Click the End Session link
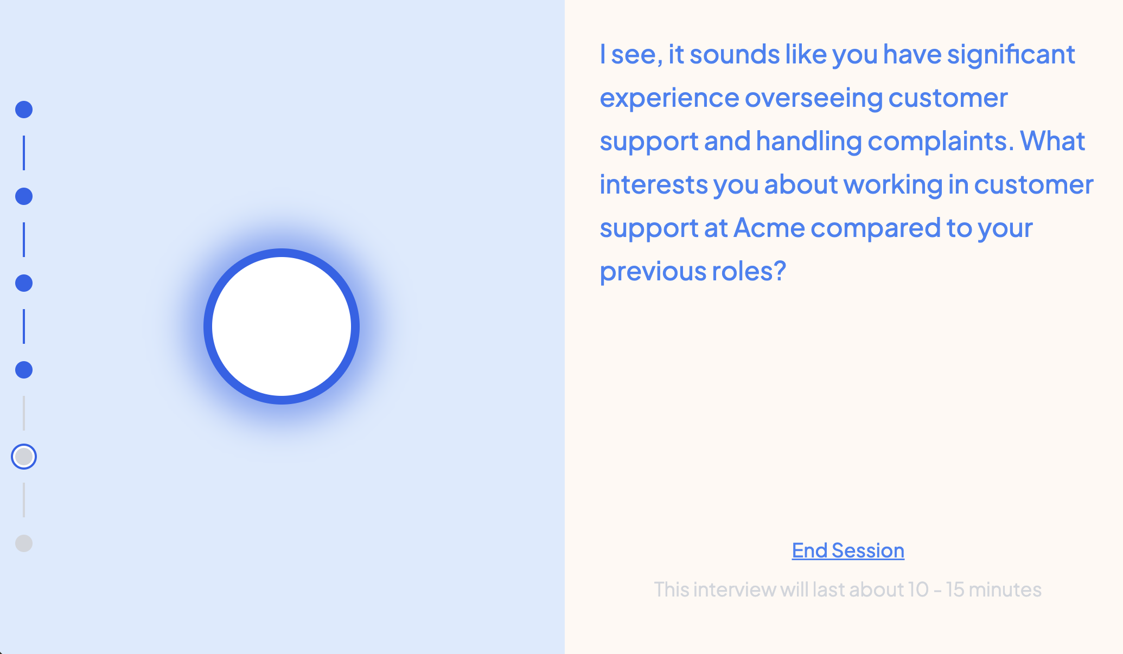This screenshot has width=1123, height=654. tap(848, 550)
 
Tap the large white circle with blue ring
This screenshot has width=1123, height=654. tap(282, 326)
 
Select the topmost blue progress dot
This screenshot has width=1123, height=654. tap(24, 110)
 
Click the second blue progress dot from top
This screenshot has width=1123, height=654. tap(24, 196)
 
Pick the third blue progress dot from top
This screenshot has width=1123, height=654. tap(24, 283)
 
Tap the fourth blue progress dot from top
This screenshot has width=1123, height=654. tap(24, 370)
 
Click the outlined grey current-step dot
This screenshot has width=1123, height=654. tap(24, 457)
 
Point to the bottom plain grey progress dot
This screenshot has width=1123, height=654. tap(24, 543)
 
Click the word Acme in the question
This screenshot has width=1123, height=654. tap(769, 228)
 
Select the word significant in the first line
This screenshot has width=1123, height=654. tap(1011, 55)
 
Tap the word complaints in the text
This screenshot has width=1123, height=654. tap(941, 142)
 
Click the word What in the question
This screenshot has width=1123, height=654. tap(1052, 141)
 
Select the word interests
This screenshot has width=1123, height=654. tap(654, 184)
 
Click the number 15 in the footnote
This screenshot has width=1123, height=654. tap(955, 589)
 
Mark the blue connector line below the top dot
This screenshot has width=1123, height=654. tap(24, 153)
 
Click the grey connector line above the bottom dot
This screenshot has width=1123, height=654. tap(24, 500)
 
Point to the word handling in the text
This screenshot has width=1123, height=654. tap(809, 142)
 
